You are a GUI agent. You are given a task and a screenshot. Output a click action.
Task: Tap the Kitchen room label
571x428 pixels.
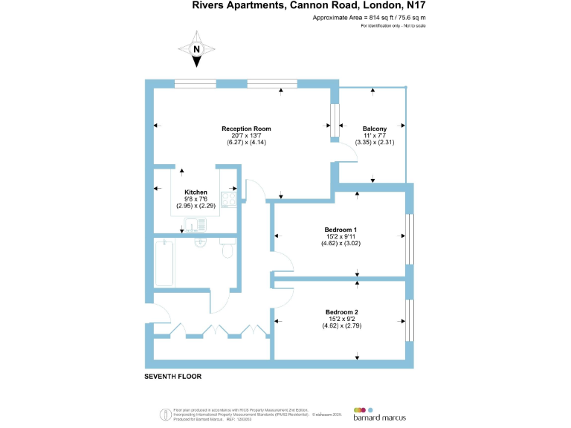point(196,192)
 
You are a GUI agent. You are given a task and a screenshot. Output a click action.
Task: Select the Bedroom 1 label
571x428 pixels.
point(341,230)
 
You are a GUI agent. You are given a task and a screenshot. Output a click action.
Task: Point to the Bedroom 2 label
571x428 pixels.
point(341,311)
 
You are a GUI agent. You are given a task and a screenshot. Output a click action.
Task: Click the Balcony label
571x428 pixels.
point(374,129)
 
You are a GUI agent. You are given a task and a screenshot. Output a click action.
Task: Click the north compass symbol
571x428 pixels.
point(197,48)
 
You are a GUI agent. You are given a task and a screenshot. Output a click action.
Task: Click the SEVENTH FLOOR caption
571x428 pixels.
point(172,377)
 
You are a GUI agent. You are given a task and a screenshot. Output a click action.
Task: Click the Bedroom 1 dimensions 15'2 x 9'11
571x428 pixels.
point(341,236)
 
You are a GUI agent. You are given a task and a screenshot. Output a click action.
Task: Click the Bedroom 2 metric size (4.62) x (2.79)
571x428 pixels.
point(341,325)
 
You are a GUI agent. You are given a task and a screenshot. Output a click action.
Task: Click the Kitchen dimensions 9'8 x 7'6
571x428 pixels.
point(196,198)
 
